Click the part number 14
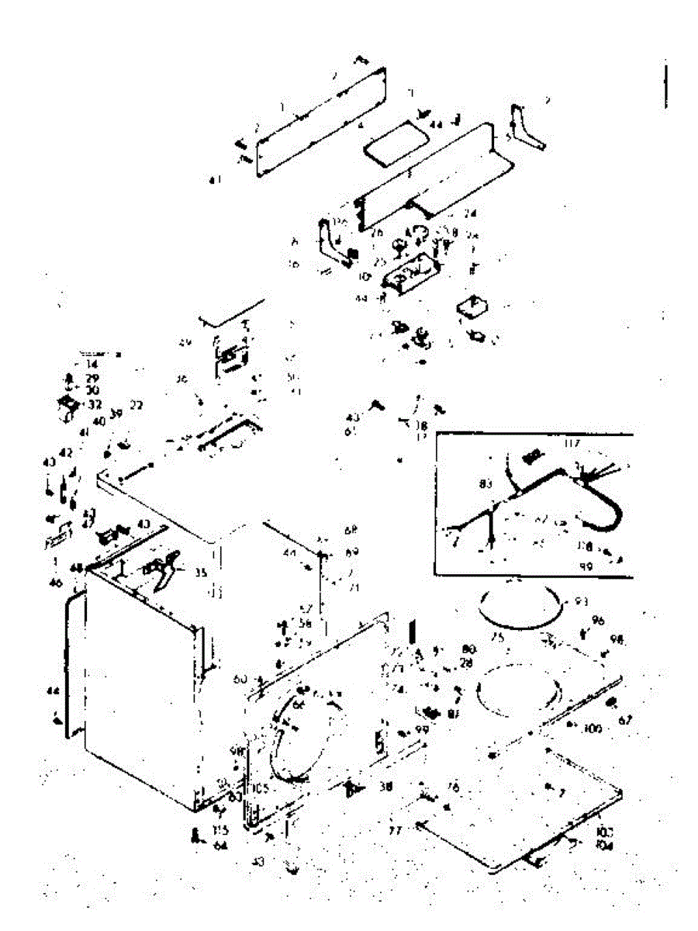[92, 363]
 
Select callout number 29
[92, 378]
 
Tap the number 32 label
[95, 404]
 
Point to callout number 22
[136, 405]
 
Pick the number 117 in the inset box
[573, 445]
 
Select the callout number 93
[581, 602]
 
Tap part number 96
[598, 621]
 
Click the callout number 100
[593, 728]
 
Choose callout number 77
[396, 829]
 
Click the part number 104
[606, 846]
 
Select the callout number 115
[219, 829]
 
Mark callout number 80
[468, 649]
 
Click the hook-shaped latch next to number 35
[169, 569]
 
